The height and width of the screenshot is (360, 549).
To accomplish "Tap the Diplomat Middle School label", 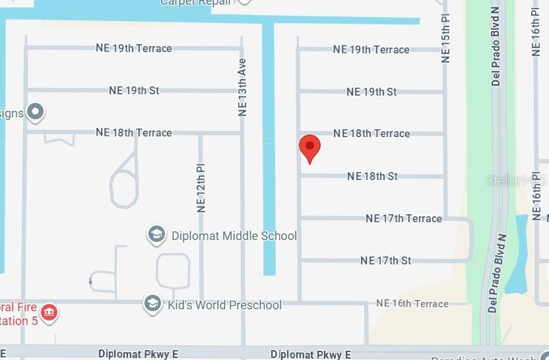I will click(234, 236).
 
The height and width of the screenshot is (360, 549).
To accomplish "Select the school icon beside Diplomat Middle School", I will click(156, 235).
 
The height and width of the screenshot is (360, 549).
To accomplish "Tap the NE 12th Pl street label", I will click(202, 188).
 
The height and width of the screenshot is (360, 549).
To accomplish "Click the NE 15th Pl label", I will click(446, 40).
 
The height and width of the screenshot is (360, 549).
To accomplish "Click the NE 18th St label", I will click(372, 176).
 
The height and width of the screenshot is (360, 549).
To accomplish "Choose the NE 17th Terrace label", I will click(403, 218).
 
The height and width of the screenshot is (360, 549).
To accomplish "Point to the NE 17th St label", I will click(386, 260).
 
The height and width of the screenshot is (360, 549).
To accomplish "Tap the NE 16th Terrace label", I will click(412, 303).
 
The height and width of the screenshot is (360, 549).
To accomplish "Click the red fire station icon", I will click(49, 312).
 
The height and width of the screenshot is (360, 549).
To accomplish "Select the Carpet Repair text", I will click(195, 3).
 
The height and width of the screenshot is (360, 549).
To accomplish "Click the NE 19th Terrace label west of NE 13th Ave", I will click(134, 48).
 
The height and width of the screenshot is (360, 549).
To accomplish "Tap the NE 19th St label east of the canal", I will click(371, 92).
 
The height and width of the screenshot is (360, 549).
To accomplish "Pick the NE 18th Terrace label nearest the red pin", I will click(371, 133).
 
